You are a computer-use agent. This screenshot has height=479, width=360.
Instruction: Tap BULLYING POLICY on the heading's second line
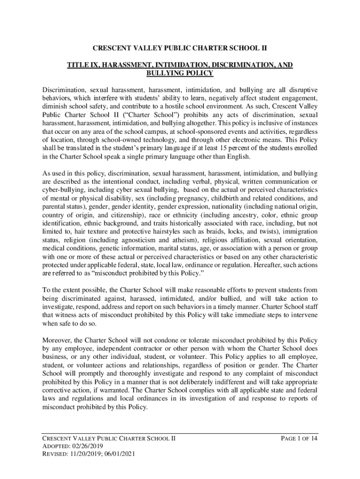180,73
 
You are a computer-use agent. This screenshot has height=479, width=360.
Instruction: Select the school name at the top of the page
180,48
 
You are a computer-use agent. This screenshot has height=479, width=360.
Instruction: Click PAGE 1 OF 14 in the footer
299,438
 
